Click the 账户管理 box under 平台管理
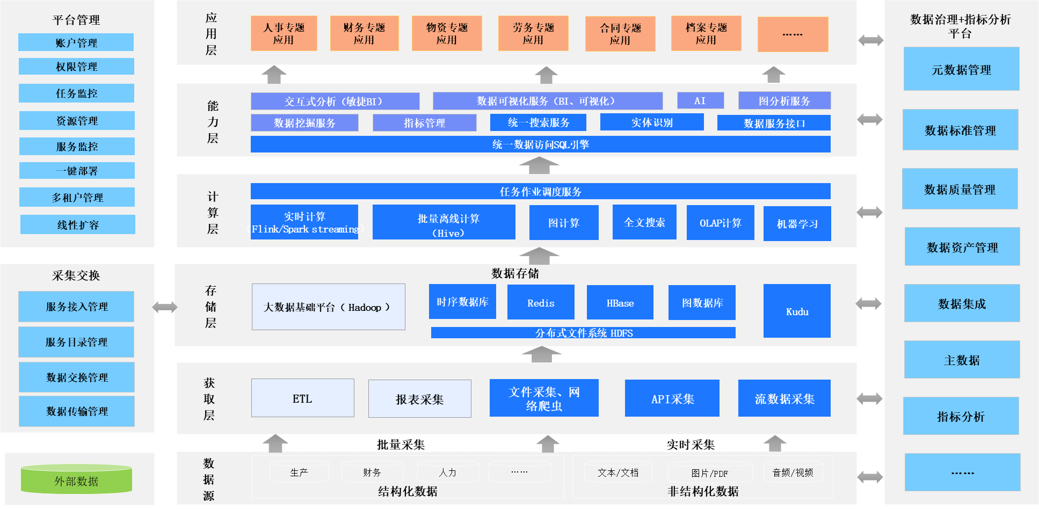click(76, 42)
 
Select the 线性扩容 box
click(78, 224)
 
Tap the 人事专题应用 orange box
click(284, 33)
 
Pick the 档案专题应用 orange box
click(706, 33)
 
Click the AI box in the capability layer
click(700, 100)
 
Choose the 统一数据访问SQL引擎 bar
click(540, 144)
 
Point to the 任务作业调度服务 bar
click(540, 191)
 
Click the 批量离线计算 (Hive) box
click(444, 222)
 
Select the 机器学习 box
click(797, 223)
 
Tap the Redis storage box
click(541, 302)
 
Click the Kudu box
click(797, 311)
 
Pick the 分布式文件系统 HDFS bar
click(583, 333)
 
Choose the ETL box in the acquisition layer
click(302, 398)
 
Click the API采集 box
click(672, 398)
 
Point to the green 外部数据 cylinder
click(76, 480)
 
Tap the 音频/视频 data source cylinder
click(793, 472)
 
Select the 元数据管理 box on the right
click(961, 69)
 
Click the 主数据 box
click(962, 360)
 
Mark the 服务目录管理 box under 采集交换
click(76, 342)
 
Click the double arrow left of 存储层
click(164, 307)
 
